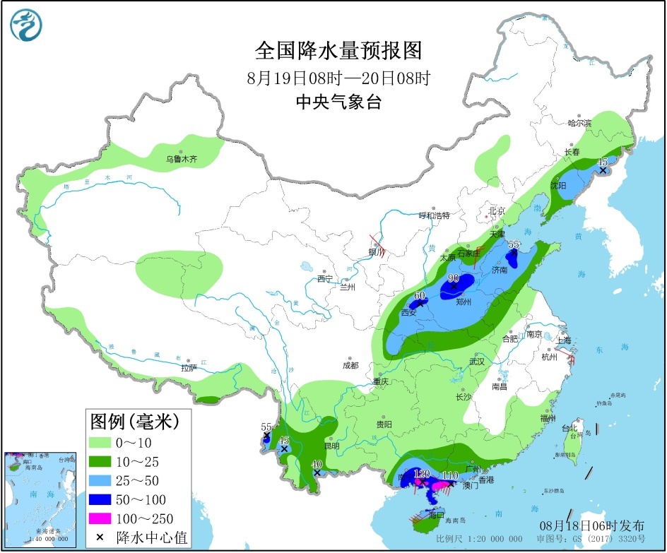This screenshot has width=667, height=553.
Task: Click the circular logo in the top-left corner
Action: tap(26, 25)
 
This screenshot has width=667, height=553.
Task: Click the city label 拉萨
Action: tap(188, 368)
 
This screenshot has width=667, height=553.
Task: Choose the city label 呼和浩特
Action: tap(434, 215)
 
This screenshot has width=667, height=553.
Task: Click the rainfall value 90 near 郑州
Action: tap(452, 278)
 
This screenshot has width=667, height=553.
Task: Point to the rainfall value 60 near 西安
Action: tap(419, 296)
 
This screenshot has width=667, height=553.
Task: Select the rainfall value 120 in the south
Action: tap(422, 474)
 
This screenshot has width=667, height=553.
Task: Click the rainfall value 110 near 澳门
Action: tap(450, 475)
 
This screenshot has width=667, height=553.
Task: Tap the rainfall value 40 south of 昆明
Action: tap(317, 464)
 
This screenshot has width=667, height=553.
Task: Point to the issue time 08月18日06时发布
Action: tap(593, 525)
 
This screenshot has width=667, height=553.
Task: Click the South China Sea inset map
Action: tap(40, 499)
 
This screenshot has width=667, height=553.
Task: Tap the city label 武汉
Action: tap(477, 361)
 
